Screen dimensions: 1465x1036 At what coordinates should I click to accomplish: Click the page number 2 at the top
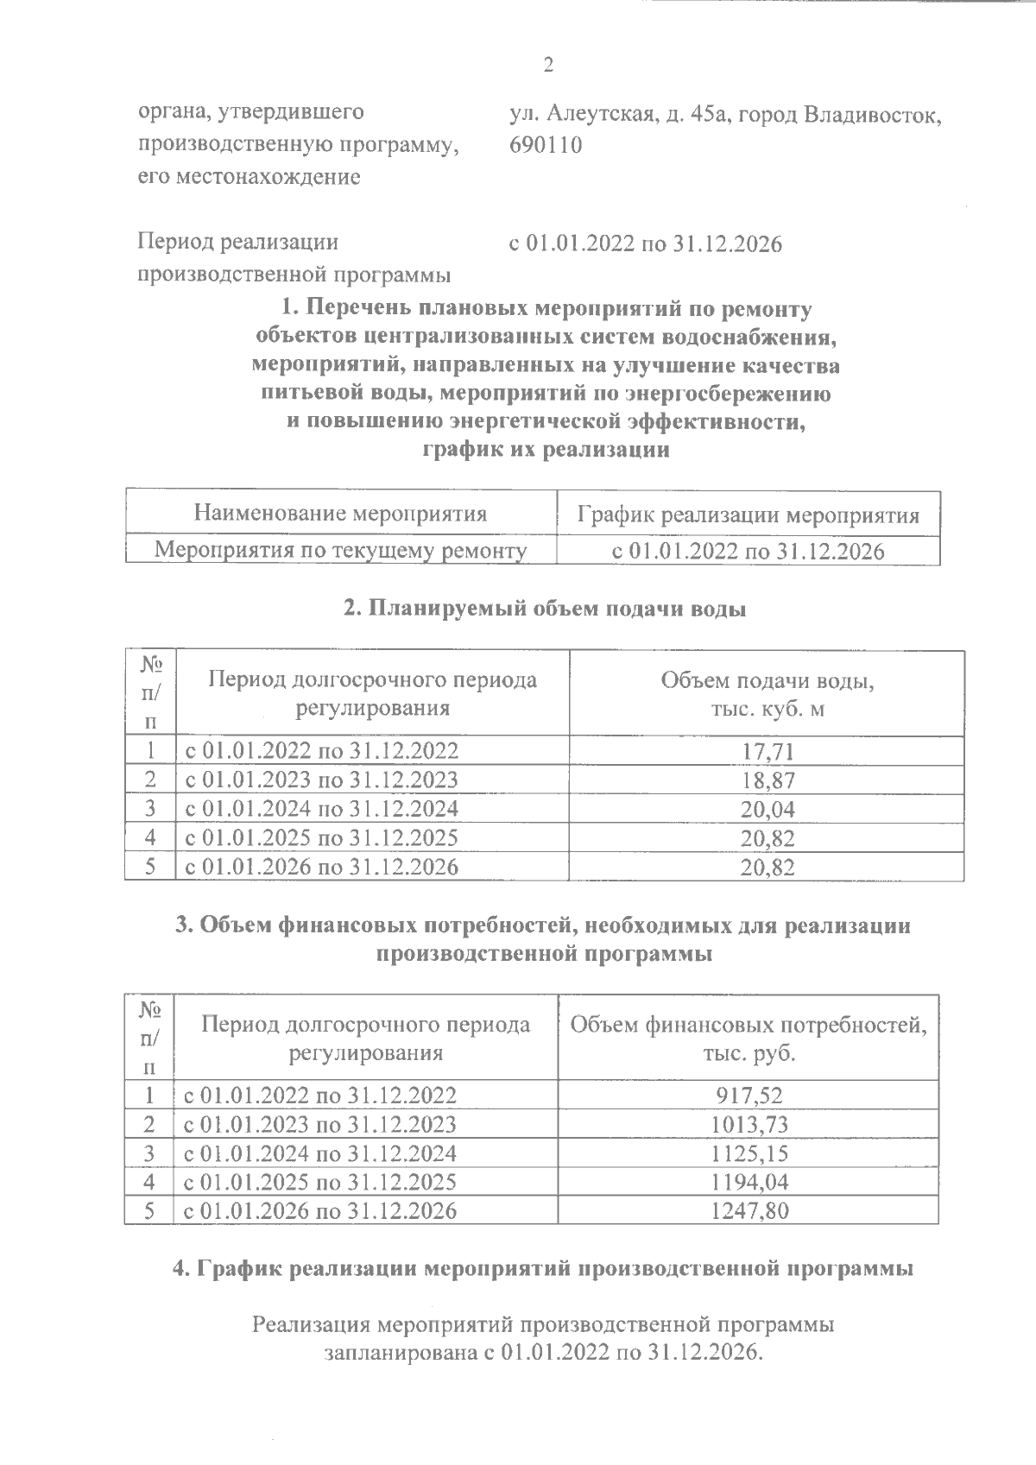(546, 66)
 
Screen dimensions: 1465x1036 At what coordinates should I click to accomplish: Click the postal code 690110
(546, 144)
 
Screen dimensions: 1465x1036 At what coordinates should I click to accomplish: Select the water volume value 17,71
(767, 751)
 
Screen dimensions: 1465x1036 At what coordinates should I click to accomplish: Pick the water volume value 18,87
(767, 780)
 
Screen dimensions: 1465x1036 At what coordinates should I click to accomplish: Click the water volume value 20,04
(767, 810)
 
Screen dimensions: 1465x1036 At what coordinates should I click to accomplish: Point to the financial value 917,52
(749, 1096)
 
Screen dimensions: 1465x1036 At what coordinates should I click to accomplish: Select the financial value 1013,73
(749, 1125)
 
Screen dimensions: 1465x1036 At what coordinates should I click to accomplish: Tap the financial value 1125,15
(749, 1153)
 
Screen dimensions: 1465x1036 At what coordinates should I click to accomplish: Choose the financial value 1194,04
(749, 1182)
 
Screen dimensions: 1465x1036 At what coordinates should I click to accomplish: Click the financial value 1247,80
(749, 1211)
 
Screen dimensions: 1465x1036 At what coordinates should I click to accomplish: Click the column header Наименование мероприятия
(340, 515)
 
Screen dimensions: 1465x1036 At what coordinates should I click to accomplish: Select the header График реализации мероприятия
(748, 516)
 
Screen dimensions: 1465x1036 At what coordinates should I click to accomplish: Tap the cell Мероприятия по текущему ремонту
(340, 551)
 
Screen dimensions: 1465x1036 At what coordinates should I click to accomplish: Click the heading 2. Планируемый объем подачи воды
(545, 609)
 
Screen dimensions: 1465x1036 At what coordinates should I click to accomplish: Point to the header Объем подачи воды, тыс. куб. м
(767, 694)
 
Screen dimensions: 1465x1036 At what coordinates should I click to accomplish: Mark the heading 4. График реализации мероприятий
(543, 1268)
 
